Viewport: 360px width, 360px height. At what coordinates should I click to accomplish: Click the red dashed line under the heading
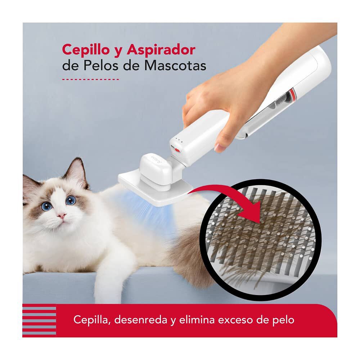(x=90, y=78)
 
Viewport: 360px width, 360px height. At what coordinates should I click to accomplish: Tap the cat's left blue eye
(x=46, y=206)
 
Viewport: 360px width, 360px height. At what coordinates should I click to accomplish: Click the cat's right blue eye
(x=71, y=200)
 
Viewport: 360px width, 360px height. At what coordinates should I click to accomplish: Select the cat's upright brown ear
(x=76, y=172)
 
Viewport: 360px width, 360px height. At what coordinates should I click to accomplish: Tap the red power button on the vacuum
(x=174, y=148)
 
